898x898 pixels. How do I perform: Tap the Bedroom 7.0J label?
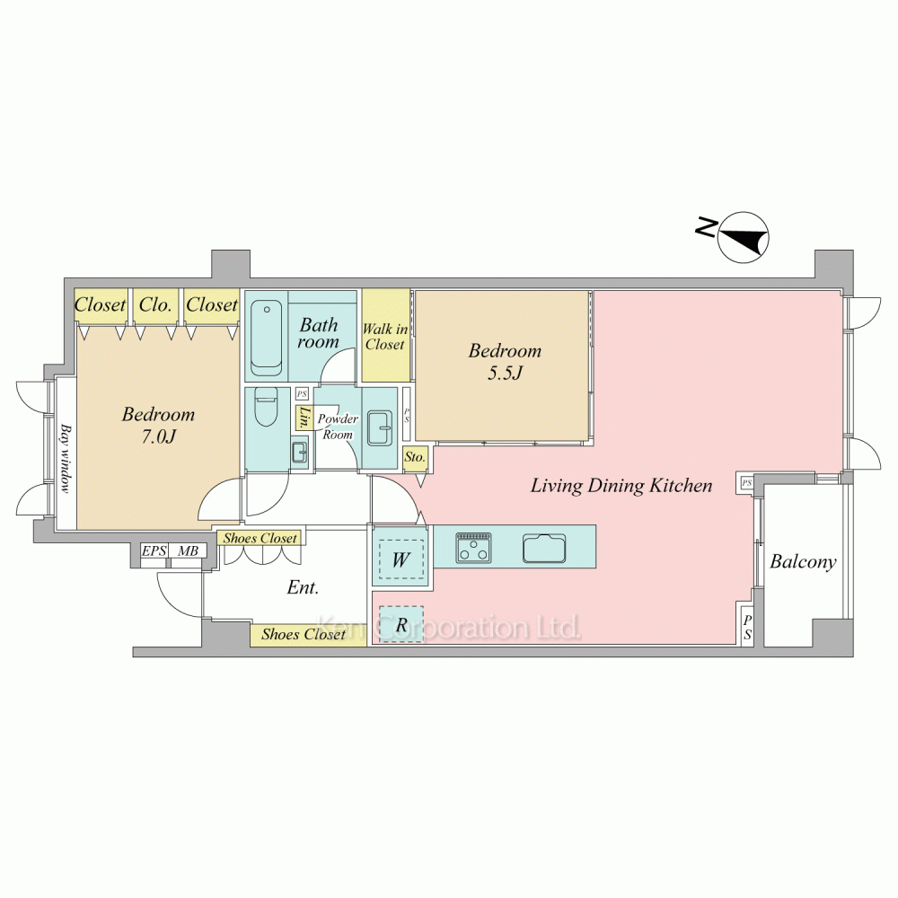pyautogui.click(x=158, y=426)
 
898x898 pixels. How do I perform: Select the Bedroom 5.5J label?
pyautogui.click(x=505, y=362)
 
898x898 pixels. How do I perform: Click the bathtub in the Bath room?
pyautogui.click(x=265, y=337)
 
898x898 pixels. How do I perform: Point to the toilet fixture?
pyautogui.click(x=266, y=408)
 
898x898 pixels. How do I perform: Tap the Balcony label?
pyautogui.click(x=803, y=563)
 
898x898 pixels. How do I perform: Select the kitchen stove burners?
pyautogui.click(x=473, y=546)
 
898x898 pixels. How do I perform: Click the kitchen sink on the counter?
pyautogui.click(x=544, y=547)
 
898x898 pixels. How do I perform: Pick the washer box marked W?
pyautogui.click(x=401, y=559)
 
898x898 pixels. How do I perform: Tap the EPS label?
pyautogui.click(x=154, y=551)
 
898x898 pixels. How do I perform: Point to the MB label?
pyautogui.click(x=187, y=551)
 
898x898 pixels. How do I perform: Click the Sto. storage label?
pyautogui.click(x=414, y=457)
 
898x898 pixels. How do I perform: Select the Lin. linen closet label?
pyautogui.click(x=305, y=418)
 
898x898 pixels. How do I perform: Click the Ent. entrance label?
pyautogui.click(x=304, y=588)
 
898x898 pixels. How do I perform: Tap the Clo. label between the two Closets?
pyautogui.click(x=155, y=305)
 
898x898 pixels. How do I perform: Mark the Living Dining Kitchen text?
pyautogui.click(x=621, y=486)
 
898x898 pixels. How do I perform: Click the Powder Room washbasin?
pyautogui.click(x=378, y=428)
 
